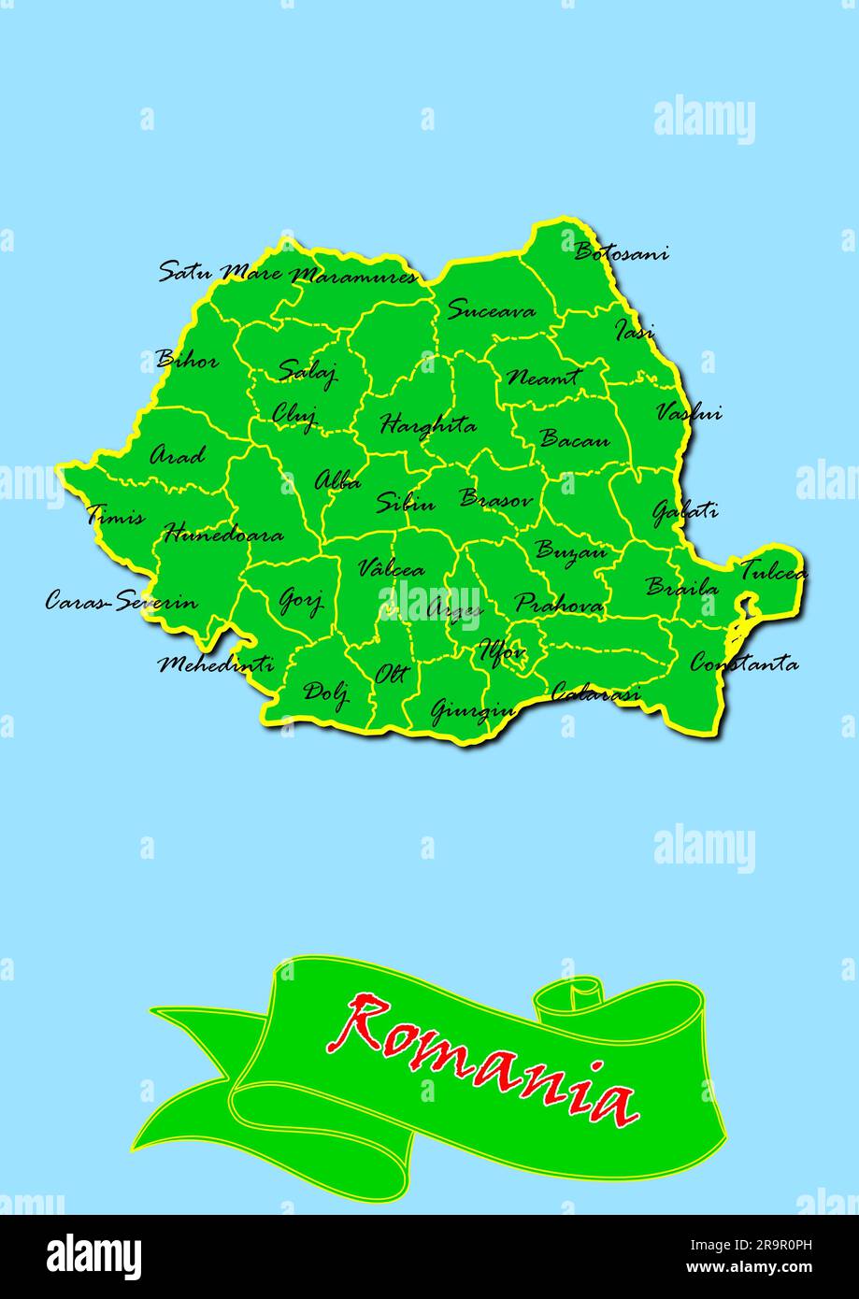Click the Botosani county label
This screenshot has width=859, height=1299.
(621, 252)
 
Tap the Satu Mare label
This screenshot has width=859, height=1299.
(219, 273)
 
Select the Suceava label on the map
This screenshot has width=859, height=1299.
(491, 310)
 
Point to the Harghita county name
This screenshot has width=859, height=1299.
(427, 426)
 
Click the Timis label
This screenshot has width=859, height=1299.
(116, 516)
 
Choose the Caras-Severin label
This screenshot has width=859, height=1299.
(122, 601)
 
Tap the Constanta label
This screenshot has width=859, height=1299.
(744, 664)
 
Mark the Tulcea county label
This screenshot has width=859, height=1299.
(773, 571)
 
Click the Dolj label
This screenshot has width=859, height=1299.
(326, 692)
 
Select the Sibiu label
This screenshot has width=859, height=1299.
(406, 503)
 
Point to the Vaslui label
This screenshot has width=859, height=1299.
(689, 412)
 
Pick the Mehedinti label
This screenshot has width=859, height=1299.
(216, 664)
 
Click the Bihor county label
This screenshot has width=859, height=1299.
(187, 360)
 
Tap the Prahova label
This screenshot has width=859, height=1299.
(559, 605)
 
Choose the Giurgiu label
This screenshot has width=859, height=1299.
(473, 711)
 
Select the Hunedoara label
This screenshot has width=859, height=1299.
(223, 535)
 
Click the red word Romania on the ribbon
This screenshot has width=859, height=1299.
(484, 1060)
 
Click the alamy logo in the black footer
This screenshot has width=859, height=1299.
(94, 1257)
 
